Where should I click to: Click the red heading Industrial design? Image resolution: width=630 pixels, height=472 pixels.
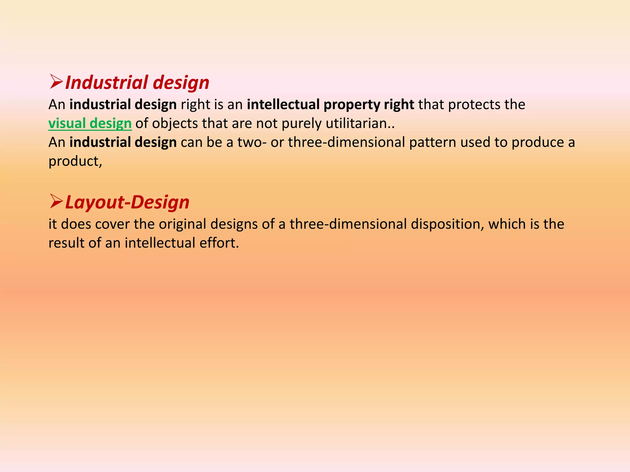tap(137, 83)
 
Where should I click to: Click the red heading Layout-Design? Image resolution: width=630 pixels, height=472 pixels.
tap(127, 203)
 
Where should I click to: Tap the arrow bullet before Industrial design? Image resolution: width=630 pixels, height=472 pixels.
tap(56, 82)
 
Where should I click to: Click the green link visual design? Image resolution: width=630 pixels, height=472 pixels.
tap(90, 124)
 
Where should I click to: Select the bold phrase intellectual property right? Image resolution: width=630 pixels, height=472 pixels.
tap(330, 105)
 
